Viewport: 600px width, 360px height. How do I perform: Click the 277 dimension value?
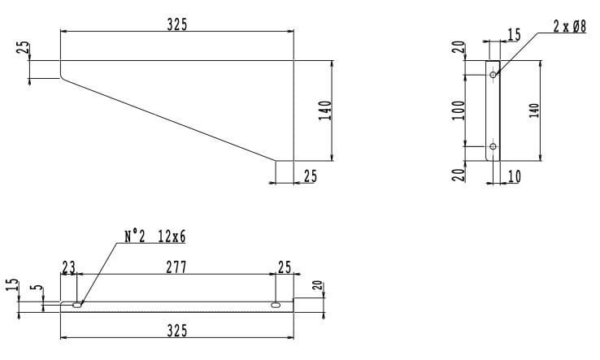176,267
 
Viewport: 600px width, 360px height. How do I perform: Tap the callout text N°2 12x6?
154,237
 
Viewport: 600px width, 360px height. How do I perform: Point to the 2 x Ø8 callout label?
569,27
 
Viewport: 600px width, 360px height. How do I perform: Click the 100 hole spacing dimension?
459,110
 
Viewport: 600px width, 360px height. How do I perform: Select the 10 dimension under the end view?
514,176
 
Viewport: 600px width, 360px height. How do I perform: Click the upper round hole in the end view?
493,75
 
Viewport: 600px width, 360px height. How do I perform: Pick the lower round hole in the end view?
493,146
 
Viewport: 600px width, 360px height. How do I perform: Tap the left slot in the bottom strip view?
76,305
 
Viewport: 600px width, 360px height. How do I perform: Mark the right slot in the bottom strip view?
276,305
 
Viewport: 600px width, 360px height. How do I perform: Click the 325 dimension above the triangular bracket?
177,24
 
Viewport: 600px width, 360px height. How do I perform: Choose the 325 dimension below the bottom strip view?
177,330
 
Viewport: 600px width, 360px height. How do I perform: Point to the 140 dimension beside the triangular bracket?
324,111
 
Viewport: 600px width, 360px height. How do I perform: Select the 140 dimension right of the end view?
534,110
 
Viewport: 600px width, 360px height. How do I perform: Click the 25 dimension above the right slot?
284,267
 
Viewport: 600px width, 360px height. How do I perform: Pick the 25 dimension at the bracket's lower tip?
310,176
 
